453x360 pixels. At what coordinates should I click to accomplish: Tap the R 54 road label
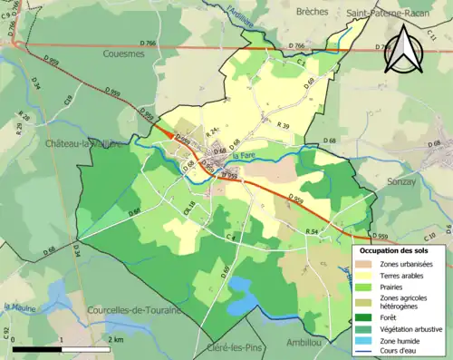coord(313,233)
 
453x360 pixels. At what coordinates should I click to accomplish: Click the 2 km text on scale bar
coord(116,339)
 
